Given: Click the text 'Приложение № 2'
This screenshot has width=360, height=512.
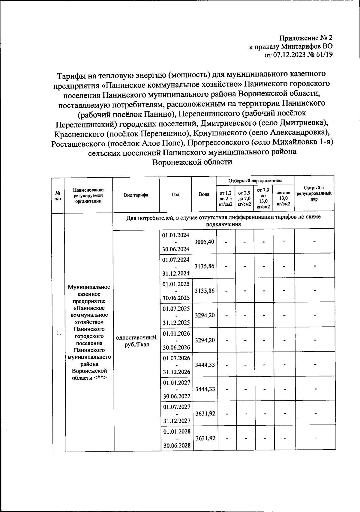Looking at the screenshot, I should click(x=306, y=38).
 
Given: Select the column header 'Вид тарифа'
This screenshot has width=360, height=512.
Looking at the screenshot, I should click(x=136, y=195).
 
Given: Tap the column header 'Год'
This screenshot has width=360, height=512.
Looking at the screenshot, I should click(x=175, y=195).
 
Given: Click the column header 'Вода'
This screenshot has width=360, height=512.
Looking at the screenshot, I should click(x=204, y=195).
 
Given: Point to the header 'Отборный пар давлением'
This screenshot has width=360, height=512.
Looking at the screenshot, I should click(x=255, y=181).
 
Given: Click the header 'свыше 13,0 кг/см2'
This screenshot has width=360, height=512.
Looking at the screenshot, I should click(x=283, y=198).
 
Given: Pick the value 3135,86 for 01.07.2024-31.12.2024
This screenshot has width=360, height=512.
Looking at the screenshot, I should click(x=204, y=266).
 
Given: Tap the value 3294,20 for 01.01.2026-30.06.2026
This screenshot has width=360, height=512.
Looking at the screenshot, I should click(x=204, y=340).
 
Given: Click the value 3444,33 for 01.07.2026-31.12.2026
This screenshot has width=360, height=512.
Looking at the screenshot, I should click(x=204, y=365).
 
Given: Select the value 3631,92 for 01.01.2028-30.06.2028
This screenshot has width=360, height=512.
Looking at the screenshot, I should click(x=205, y=438).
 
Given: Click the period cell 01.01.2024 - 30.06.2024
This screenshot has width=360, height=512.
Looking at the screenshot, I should click(x=176, y=242).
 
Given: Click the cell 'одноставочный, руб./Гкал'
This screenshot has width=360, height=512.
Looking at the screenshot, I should click(x=137, y=341).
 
